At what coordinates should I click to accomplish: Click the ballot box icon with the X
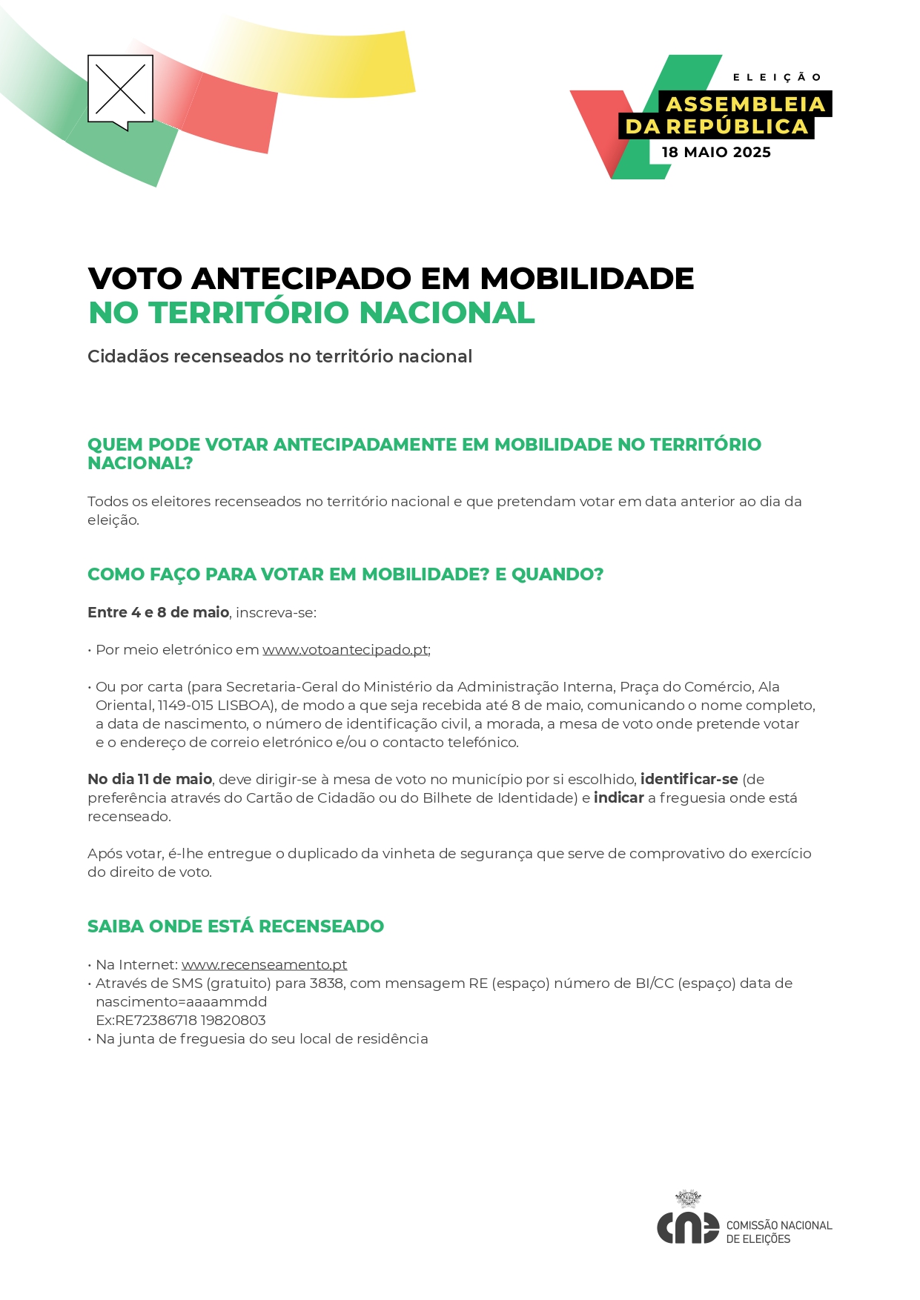click(x=120, y=90)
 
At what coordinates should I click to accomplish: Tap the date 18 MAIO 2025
click(x=716, y=153)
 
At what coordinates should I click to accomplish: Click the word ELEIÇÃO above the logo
click(x=777, y=77)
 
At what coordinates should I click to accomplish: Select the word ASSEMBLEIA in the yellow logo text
click(x=746, y=105)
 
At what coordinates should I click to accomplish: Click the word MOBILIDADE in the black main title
click(x=587, y=279)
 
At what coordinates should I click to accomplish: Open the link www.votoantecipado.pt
click(x=345, y=650)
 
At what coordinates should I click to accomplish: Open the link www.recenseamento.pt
click(x=264, y=965)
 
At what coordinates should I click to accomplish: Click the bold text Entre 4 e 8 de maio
click(x=158, y=613)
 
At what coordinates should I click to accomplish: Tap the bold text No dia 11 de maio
click(x=150, y=780)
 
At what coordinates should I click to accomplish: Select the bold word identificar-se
click(x=689, y=780)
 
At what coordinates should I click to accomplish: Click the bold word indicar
click(x=618, y=798)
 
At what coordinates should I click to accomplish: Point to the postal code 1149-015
click(x=185, y=706)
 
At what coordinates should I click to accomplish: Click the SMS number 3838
click(x=326, y=984)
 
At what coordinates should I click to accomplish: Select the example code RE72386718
click(x=153, y=1021)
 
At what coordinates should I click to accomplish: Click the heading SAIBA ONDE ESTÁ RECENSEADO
click(x=236, y=926)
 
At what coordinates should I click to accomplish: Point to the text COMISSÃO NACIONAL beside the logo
click(x=779, y=1226)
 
